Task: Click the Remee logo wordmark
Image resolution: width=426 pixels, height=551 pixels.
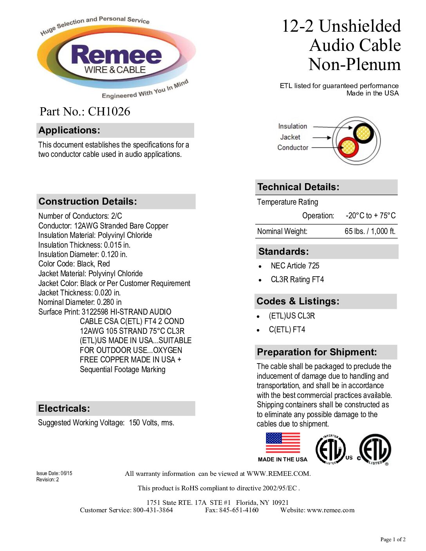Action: [x=116, y=56]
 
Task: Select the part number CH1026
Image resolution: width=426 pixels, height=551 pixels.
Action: [x=109, y=112]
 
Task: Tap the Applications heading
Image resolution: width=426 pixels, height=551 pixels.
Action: [x=69, y=130]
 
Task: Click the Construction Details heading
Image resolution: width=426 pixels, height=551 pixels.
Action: [x=88, y=202]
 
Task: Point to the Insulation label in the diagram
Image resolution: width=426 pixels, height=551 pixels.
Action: [x=292, y=126]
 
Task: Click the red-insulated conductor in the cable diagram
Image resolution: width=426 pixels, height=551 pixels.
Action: [x=347, y=148]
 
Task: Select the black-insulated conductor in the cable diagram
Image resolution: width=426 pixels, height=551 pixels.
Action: [x=364, y=133]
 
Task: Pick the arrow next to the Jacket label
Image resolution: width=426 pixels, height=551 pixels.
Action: [x=322, y=137]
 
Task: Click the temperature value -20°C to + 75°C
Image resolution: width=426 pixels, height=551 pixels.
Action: [x=370, y=216]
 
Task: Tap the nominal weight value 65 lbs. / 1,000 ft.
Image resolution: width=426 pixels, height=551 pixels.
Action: [x=370, y=231]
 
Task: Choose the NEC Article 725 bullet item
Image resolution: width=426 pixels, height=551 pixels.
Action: [x=295, y=266]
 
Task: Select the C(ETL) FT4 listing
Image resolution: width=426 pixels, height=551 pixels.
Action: [x=287, y=330]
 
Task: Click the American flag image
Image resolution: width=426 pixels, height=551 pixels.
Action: [x=283, y=443]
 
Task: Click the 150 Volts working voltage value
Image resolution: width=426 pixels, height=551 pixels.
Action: [x=152, y=423]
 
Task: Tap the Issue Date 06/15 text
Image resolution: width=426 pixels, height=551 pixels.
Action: [x=54, y=474]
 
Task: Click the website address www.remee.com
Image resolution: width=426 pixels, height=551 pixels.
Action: [x=330, y=510]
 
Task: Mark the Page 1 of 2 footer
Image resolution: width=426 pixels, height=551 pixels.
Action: [x=393, y=540]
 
